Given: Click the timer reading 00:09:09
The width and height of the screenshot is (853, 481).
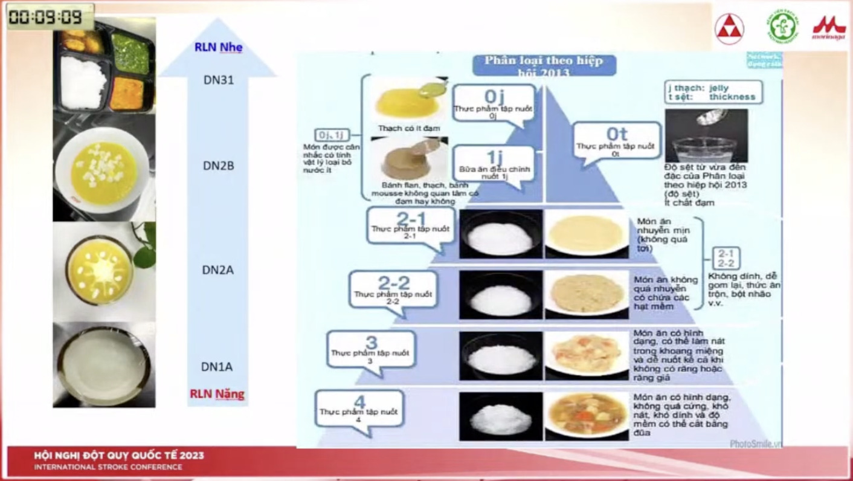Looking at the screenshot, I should coord(50,17).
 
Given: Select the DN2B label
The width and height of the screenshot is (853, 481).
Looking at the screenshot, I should coord(218,165).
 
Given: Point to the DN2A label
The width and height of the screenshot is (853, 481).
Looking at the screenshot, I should coord(217,270).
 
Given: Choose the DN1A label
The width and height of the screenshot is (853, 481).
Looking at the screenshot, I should coord(217,367).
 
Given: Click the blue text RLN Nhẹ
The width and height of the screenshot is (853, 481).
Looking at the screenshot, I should coord(218,47).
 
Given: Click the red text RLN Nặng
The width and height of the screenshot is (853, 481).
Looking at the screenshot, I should coord(217,394).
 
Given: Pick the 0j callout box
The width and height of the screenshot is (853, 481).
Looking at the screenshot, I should coord(494,104).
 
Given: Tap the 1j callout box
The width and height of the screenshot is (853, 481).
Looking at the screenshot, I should coord(494,165).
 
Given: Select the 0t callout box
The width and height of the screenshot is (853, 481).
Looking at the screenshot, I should coord(616,141).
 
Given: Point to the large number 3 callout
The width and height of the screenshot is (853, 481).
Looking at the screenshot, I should coord(371,349).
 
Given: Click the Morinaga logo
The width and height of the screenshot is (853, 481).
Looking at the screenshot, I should coord(828,27).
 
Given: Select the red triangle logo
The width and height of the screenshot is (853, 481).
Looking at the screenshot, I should coord(729,28).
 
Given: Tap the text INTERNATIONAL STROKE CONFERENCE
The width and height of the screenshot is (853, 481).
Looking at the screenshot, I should coord(108,467).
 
